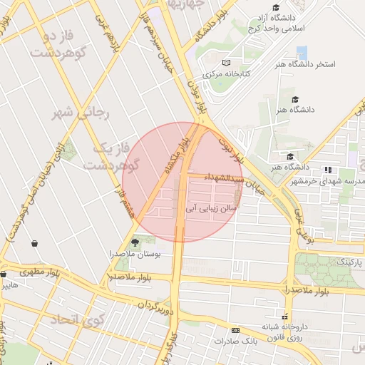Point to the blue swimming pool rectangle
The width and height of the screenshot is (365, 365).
click(302, 51)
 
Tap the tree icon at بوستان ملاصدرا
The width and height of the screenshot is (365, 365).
click(135, 243)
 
